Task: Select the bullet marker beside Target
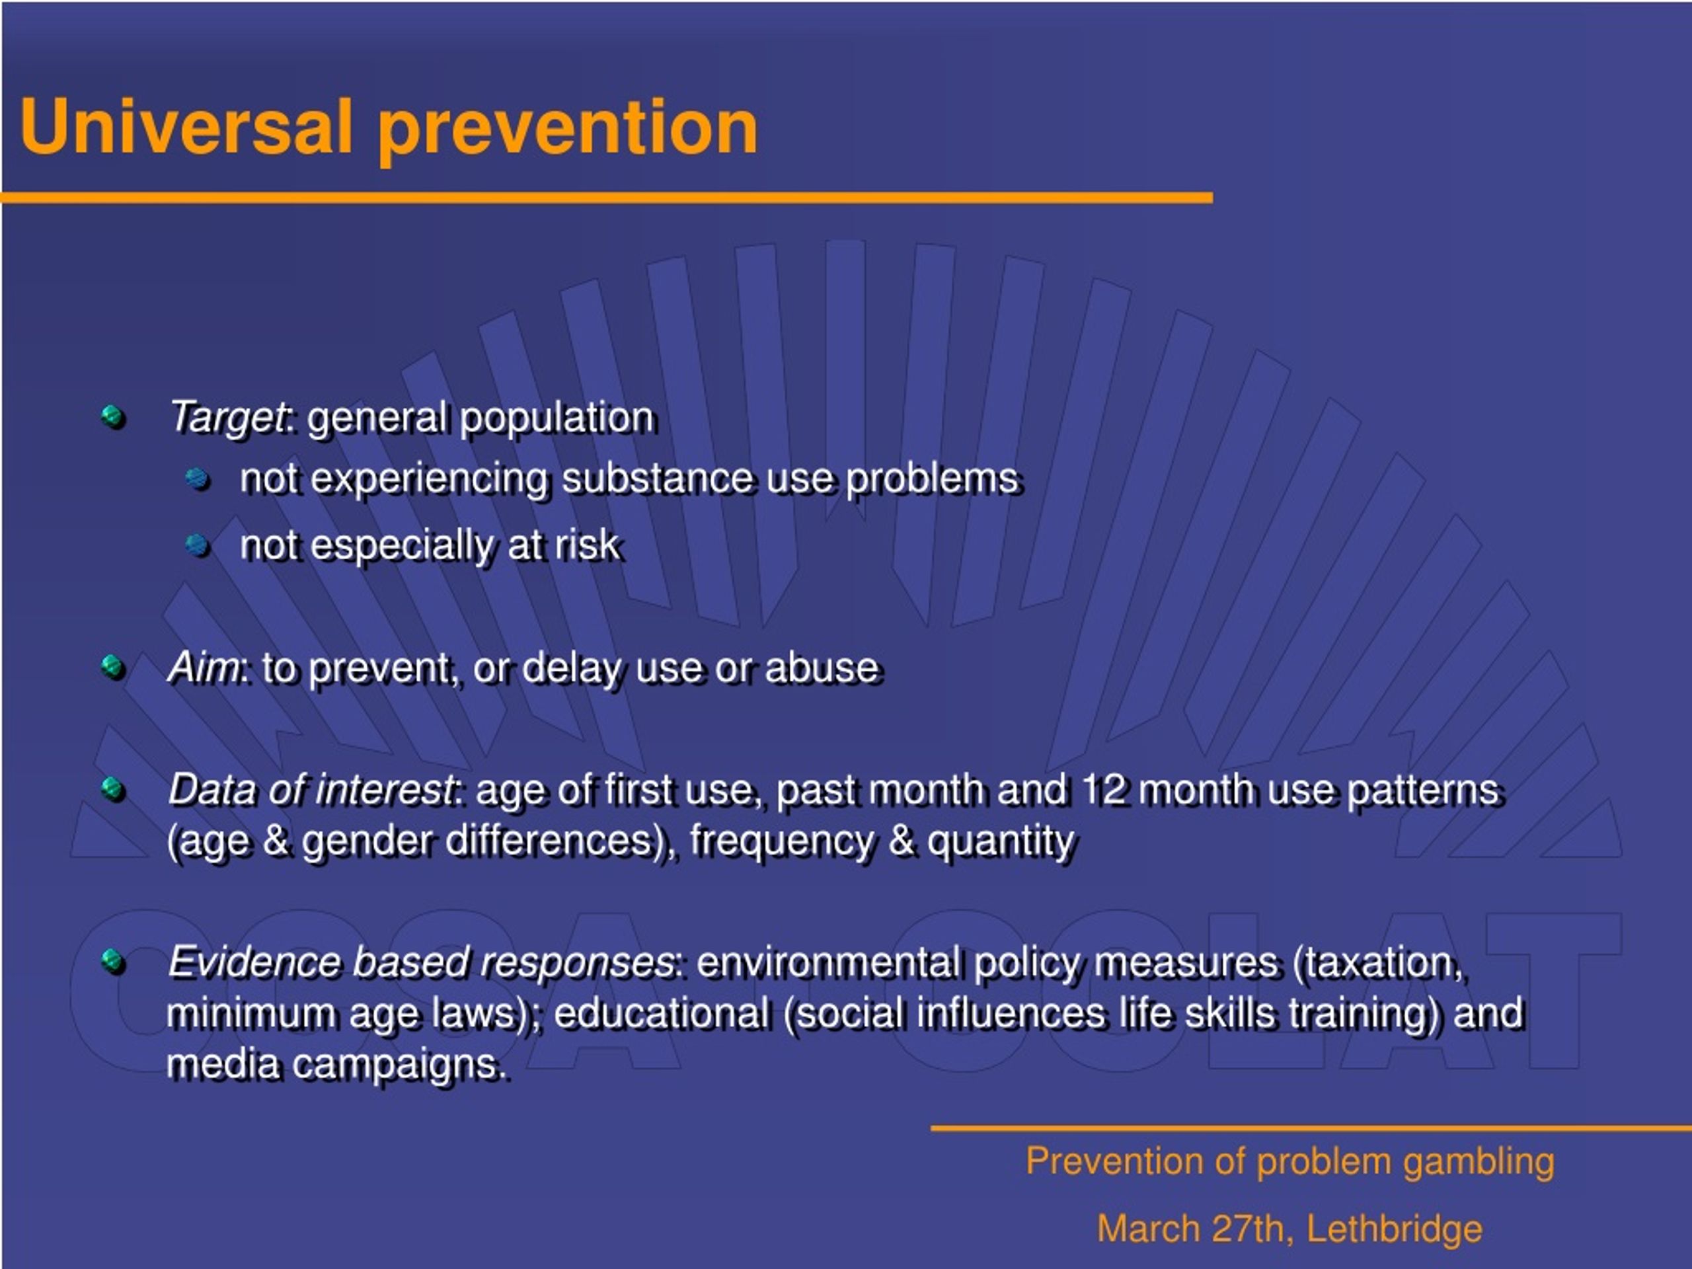coord(112,417)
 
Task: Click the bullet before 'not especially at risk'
coord(198,545)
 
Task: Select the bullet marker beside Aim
coord(112,666)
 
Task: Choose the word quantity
coord(1001,842)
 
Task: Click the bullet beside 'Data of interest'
coord(112,788)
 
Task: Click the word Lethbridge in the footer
coord(1395,1229)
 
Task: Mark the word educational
coord(662,1013)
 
